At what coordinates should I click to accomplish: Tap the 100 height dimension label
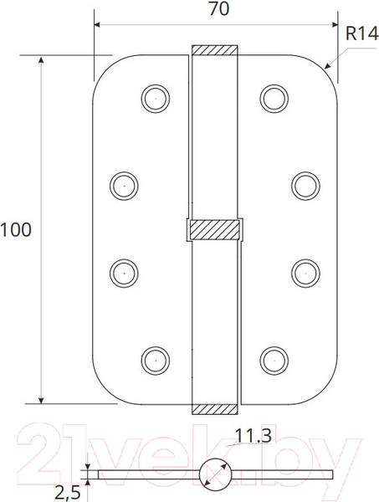tap(16, 229)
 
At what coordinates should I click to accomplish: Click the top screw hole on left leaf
tap(153, 97)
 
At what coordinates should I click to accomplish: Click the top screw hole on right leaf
tap(272, 97)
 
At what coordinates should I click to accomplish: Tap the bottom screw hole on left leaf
tap(153, 360)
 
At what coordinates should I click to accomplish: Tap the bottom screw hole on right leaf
tap(272, 360)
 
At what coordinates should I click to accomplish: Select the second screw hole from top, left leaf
tap(124, 183)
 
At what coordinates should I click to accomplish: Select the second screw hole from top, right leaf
tap(303, 183)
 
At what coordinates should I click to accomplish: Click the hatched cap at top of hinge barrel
tap(214, 50)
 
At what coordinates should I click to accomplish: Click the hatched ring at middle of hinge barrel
tap(214, 228)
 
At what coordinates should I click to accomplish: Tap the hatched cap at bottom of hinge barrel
tap(214, 408)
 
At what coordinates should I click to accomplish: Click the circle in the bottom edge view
tap(214, 474)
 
